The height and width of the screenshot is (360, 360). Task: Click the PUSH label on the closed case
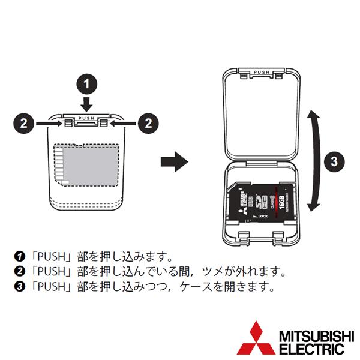(x=88, y=119)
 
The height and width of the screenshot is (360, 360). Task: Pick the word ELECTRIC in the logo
(x=305, y=347)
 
